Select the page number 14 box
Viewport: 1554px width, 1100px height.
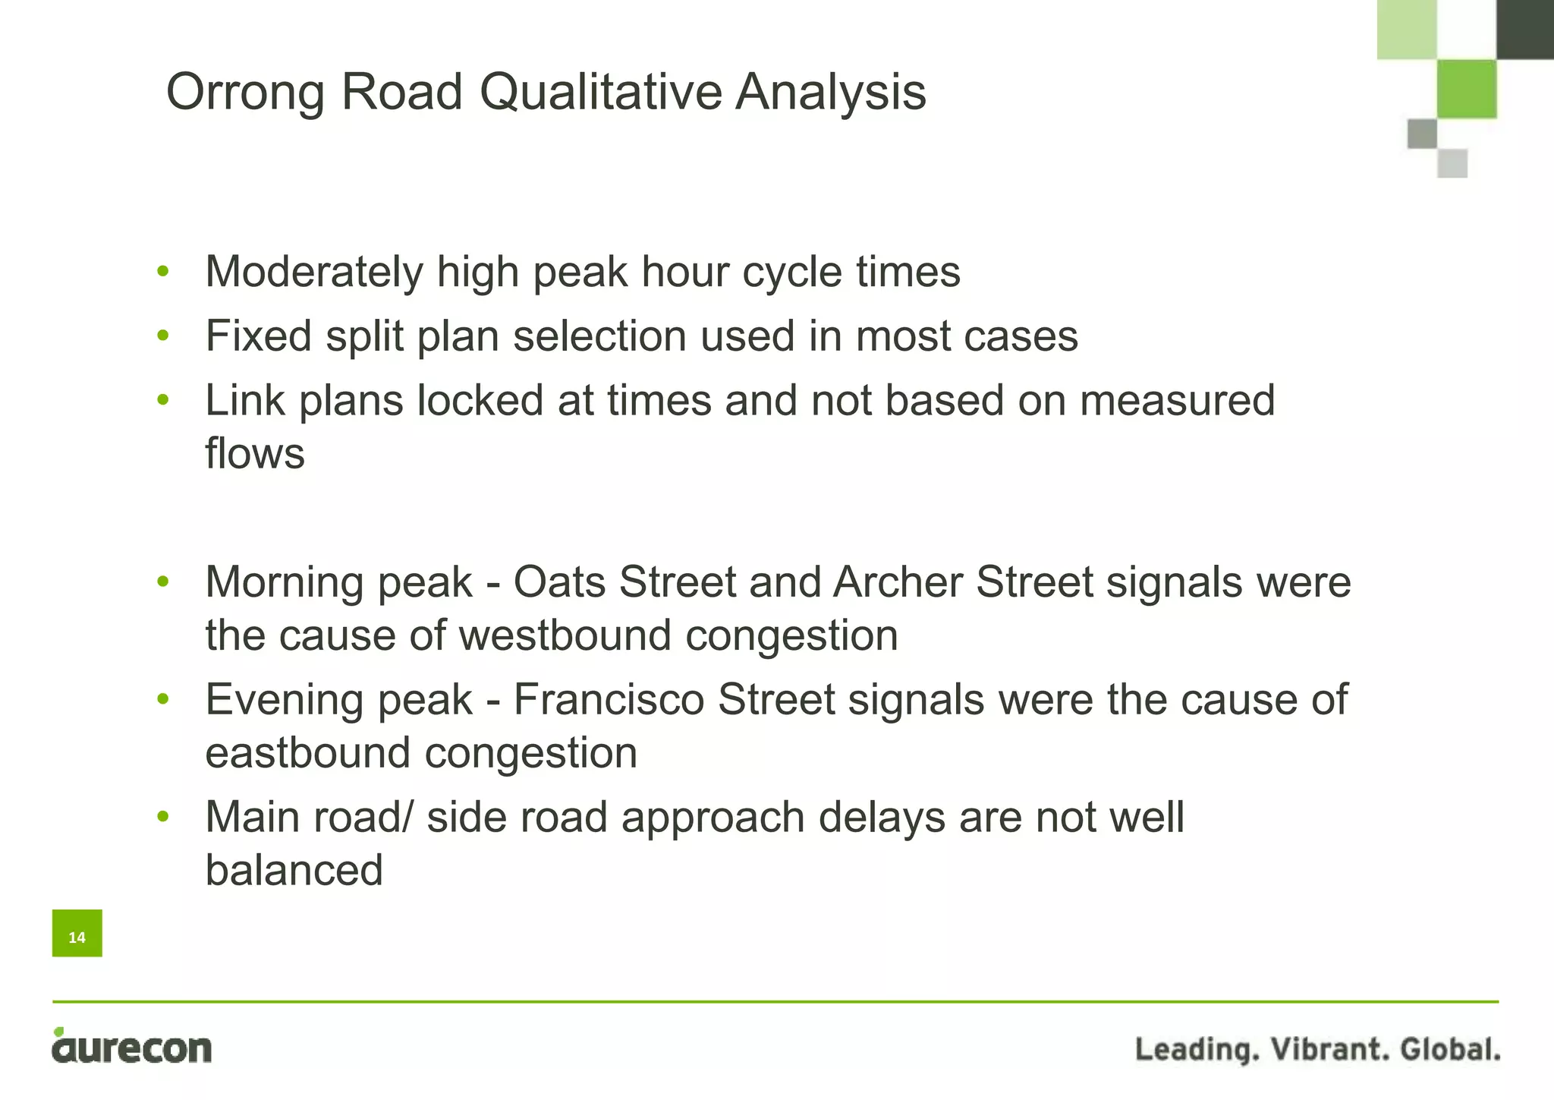77,934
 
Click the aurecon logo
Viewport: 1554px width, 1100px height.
132,1047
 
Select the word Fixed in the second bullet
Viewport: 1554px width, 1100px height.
258,336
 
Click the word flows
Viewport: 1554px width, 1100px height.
255,454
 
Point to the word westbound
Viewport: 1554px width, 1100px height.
565,635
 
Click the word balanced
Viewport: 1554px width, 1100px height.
294,870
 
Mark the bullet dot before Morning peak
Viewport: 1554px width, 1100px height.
162,582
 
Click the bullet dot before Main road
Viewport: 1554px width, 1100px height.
162,818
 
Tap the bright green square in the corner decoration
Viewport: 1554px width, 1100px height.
1467,89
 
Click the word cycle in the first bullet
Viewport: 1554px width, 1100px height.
792,273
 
